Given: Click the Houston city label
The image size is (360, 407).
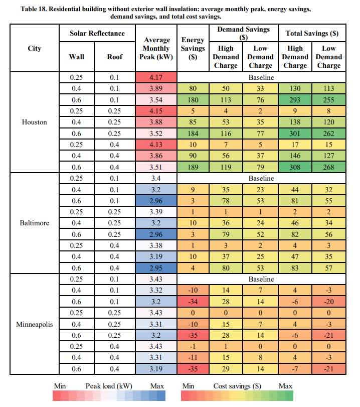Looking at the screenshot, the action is coord(35,122).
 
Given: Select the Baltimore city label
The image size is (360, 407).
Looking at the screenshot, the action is coord(35,223).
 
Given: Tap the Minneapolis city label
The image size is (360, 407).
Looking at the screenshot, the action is coord(35,324).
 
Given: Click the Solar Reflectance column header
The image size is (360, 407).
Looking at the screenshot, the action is coord(97,33).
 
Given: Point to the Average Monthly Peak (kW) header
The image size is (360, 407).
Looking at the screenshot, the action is coord(156,48).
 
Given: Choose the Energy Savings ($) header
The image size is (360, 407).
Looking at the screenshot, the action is coord(193,48).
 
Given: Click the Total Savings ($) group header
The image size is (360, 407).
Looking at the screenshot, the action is coord(312,33).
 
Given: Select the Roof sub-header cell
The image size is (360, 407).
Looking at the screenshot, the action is coord(115,57).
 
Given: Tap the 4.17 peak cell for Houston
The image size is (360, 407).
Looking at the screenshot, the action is coord(156,77).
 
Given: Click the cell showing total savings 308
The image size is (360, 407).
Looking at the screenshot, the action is coord(295,167).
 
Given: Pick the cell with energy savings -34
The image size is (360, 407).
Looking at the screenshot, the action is coord(193,302).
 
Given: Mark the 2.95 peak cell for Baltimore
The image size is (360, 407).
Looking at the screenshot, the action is coord(156,268).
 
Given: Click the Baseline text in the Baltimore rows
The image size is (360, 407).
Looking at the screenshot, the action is coord(261,178).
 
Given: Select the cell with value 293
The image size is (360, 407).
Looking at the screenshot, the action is coord(295,100).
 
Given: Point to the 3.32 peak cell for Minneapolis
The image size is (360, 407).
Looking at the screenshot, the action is coord(156,290).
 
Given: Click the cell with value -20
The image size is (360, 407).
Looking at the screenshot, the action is coord(328,302).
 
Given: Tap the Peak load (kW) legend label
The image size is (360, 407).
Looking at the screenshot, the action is coord(109,386).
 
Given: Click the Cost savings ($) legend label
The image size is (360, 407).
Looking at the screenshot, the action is coord(237,386).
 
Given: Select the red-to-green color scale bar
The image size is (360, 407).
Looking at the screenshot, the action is coord(237,396).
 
